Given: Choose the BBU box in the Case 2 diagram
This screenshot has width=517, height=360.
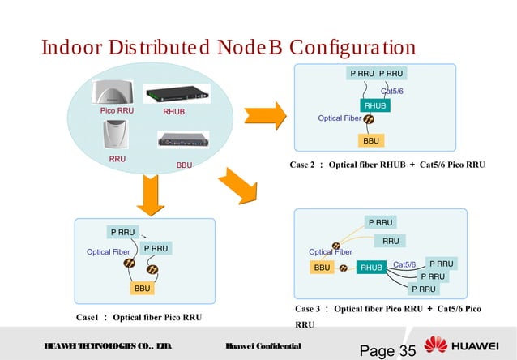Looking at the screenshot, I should click(371, 140).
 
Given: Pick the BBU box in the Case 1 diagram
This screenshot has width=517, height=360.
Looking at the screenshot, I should click(143, 288).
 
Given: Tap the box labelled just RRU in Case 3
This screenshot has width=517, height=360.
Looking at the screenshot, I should click(391, 241).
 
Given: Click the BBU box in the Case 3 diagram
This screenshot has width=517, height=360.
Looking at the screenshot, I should click(322, 267).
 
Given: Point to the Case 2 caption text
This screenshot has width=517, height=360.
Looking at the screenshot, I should click(387, 165).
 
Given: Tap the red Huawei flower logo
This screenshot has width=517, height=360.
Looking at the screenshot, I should click(436, 345).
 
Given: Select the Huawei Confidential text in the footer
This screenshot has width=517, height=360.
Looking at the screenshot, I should click(264, 346).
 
